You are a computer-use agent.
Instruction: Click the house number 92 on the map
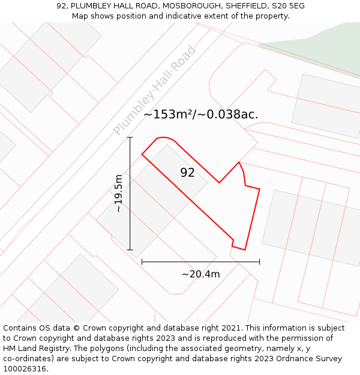(x=187, y=173)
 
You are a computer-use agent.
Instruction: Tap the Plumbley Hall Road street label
(x=155, y=90)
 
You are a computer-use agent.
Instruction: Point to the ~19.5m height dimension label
(x=118, y=193)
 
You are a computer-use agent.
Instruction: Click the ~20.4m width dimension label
(x=200, y=274)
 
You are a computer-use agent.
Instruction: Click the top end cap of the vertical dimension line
(x=130, y=137)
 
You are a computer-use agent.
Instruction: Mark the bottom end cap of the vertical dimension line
(x=130, y=250)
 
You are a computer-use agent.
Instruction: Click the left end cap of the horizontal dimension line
(x=142, y=262)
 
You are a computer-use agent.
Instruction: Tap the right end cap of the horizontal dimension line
(x=259, y=262)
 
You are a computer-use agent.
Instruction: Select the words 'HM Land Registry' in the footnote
(x=32, y=348)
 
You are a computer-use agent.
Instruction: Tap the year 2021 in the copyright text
(x=231, y=328)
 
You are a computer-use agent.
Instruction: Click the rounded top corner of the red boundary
(x=164, y=138)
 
